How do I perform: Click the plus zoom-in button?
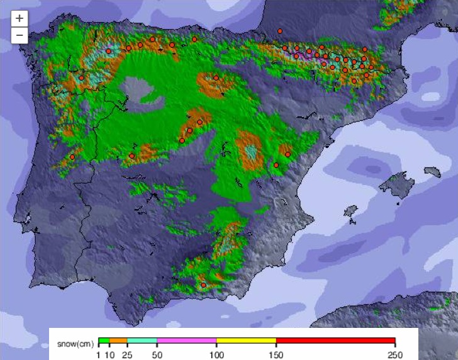coord(20,18)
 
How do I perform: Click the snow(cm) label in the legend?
coord(75,344)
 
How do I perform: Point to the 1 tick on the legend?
coord(99,355)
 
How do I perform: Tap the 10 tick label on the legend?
coord(110,355)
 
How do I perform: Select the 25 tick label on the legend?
coord(128,355)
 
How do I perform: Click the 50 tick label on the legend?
coord(157,355)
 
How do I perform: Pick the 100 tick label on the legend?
coord(216,355)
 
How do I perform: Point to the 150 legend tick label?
coord(276,355)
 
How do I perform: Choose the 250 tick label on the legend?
coord(394,355)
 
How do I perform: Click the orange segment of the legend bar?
coord(118,340)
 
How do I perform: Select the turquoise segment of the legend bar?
coord(142,340)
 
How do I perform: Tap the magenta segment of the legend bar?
coord(187,340)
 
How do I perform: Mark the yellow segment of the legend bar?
coord(246,340)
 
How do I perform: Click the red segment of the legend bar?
coord(335,340)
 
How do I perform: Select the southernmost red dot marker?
coord(203,285)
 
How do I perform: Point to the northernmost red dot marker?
coord(280,31)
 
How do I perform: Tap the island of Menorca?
coord(433,171)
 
